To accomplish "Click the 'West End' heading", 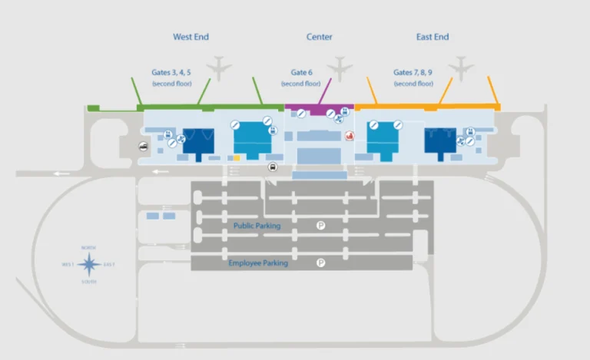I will coord(191,37).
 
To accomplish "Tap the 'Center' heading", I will coord(319,37).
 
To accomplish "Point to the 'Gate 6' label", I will coord(301,72).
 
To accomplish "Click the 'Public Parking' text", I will coord(257,226).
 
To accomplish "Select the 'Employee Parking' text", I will coord(258,263).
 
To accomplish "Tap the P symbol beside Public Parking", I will coord(321,225).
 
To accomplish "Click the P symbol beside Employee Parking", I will coord(321,263).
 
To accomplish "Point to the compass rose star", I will coord(89,265).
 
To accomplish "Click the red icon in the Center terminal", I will coord(350,137).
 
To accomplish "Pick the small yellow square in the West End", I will coord(237,157).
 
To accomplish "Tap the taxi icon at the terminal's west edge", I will coord(143,147).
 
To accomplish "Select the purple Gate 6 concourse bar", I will coord(319,109).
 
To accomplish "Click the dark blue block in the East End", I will coord(440,141).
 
